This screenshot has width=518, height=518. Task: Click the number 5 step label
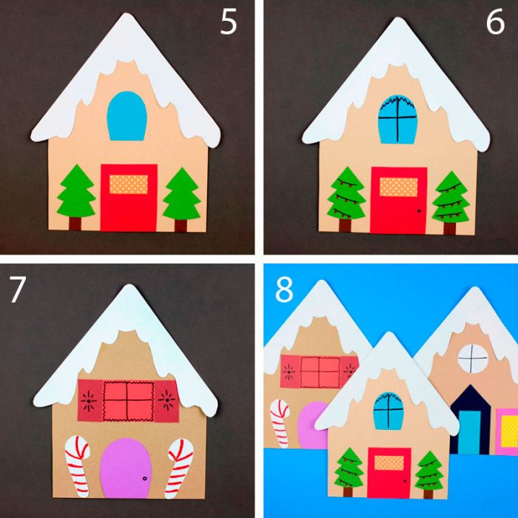229,21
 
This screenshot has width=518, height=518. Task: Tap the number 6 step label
495,21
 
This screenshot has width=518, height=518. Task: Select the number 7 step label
17,289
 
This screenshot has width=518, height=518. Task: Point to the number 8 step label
284,289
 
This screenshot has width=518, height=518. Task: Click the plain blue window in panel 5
127,116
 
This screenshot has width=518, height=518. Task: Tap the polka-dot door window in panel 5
129,184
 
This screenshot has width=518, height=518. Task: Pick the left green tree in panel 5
76,197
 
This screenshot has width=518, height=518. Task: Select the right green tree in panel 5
182,198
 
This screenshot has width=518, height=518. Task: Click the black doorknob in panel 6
419,211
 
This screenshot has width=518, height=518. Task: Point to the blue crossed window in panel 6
398,120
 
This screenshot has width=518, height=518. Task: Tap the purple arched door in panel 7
126,468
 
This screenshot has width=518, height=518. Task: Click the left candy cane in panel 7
77,465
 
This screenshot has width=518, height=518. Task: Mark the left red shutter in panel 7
90,400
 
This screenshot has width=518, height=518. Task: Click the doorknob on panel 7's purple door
144,478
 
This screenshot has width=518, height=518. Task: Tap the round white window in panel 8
473,358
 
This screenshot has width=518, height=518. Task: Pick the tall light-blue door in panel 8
469,432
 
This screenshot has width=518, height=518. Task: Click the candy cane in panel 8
280,423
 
